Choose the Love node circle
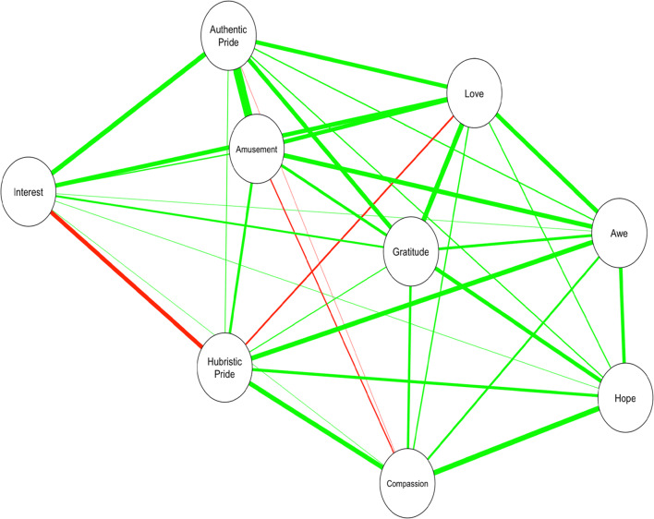click(x=473, y=91)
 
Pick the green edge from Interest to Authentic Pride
click(x=129, y=112)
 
